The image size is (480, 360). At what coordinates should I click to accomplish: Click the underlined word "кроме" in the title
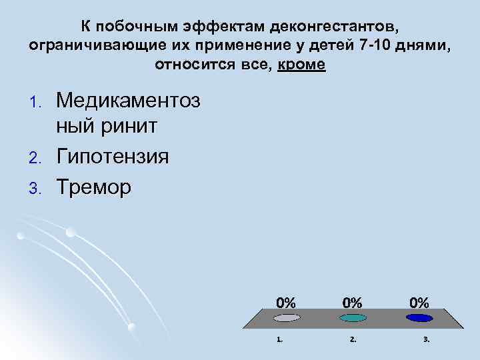303,65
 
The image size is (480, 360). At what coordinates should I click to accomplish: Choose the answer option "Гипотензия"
113,157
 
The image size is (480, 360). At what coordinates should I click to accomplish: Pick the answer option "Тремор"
94,187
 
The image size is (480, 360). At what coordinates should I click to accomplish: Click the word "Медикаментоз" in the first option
128,101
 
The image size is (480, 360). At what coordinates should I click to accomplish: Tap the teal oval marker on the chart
353,318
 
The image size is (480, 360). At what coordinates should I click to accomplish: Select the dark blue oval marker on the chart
419,318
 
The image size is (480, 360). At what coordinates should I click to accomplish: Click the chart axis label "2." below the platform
353,339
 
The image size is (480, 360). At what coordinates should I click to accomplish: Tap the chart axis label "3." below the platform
426,339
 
